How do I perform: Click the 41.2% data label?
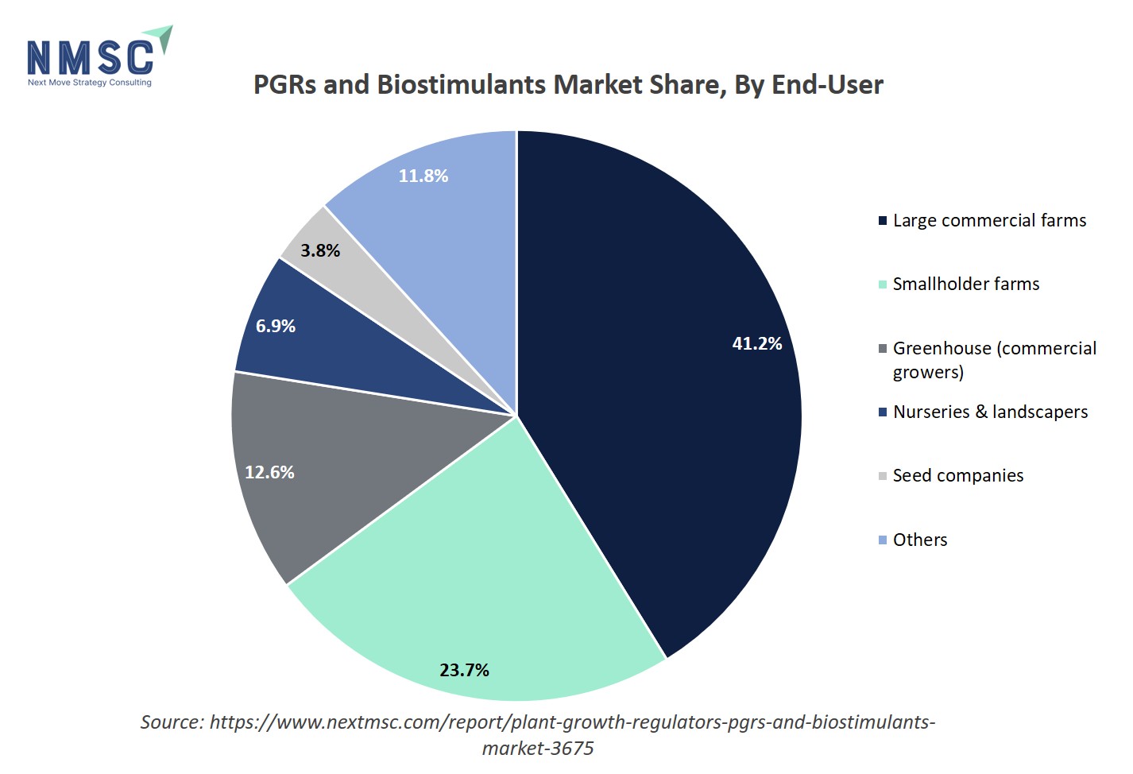[x=756, y=343]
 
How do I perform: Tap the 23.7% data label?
[x=464, y=670]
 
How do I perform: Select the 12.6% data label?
[x=269, y=472]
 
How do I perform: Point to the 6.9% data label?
[x=276, y=326]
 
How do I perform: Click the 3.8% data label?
[x=320, y=250]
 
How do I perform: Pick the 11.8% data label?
[x=423, y=176]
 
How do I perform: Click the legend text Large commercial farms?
[x=989, y=220]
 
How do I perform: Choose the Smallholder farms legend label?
[x=965, y=284]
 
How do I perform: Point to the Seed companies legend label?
[x=957, y=475]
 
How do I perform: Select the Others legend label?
[x=919, y=540]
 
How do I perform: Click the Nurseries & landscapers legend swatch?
[x=882, y=412]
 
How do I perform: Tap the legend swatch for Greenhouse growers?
[x=882, y=349]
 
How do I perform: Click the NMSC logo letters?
[x=89, y=58]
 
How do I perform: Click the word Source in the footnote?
[x=172, y=722]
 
